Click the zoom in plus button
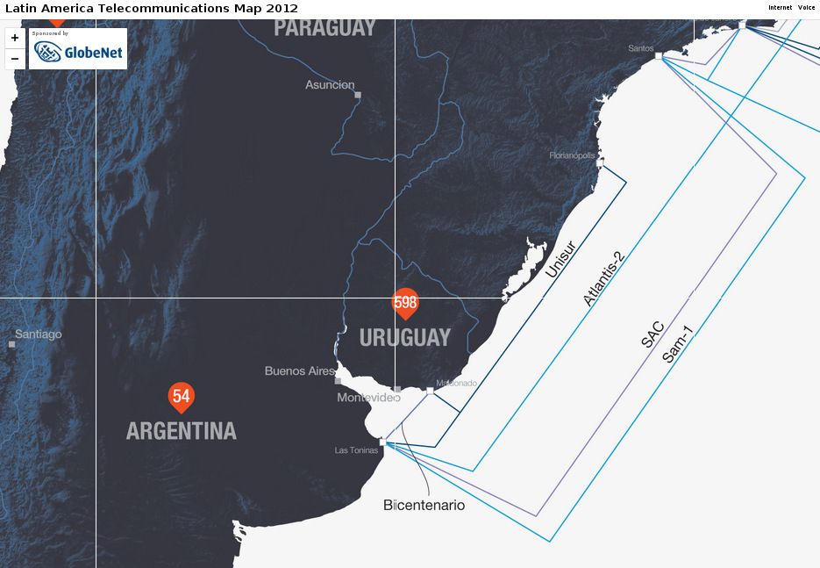(15, 39)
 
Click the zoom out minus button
(15, 59)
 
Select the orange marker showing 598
(405, 303)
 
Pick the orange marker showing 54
(182, 397)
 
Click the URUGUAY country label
(405, 337)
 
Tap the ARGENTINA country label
(182, 431)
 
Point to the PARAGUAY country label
(324, 28)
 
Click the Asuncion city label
(330, 85)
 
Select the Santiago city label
(39, 334)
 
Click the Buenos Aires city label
(300, 371)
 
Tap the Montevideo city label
(368, 398)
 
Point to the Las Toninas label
(356, 450)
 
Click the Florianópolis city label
(572, 155)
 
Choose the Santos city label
(640, 48)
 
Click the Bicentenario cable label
(424, 506)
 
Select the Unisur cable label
(560, 260)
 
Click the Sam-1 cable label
(678, 344)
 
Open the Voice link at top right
(806, 8)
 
